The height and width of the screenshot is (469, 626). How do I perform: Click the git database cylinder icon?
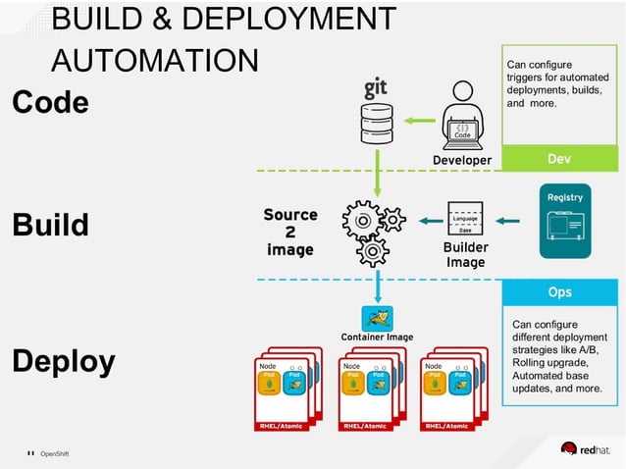coord(377,123)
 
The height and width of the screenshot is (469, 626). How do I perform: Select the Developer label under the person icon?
coord(462,160)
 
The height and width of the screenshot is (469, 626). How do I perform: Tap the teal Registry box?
coord(565,222)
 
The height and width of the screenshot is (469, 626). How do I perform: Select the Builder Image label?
coord(465,255)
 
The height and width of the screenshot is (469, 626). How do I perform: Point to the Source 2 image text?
coord(291,232)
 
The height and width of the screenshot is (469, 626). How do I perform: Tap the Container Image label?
coord(377,338)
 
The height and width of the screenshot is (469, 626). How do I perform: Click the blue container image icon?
coord(377,317)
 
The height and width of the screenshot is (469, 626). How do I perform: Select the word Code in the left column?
coord(50,102)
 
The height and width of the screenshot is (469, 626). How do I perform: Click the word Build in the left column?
coord(50,225)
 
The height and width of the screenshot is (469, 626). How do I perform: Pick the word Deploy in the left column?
coord(63,361)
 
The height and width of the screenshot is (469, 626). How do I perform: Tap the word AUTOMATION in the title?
coord(154,60)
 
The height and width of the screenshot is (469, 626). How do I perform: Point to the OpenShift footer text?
coord(54,453)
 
